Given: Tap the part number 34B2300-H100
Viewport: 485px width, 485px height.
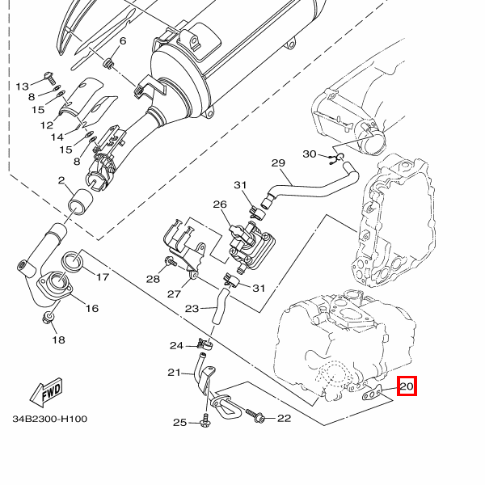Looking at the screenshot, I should (49, 420).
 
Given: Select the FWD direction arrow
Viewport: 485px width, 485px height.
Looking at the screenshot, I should (47, 391).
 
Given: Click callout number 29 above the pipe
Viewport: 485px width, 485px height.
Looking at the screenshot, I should (278, 163).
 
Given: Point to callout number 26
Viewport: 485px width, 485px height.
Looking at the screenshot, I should (220, 205).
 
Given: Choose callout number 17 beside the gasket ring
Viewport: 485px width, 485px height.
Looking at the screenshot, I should (102, 278).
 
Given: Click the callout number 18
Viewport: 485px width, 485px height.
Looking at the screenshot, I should (58, 340).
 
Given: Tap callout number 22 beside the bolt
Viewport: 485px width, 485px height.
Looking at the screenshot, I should (284, 418).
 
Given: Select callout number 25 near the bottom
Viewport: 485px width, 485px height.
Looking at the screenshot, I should (179, 423).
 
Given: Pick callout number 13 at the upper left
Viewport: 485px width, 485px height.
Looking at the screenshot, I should (22, 86).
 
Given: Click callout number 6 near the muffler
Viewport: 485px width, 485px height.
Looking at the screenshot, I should (123, 41).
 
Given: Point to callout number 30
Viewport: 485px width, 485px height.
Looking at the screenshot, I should (310, 154).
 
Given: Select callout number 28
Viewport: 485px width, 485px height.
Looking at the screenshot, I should (153, 279).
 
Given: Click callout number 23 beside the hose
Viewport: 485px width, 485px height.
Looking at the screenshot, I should (192, 308).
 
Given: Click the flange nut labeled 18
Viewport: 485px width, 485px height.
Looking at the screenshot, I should (50, 318).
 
